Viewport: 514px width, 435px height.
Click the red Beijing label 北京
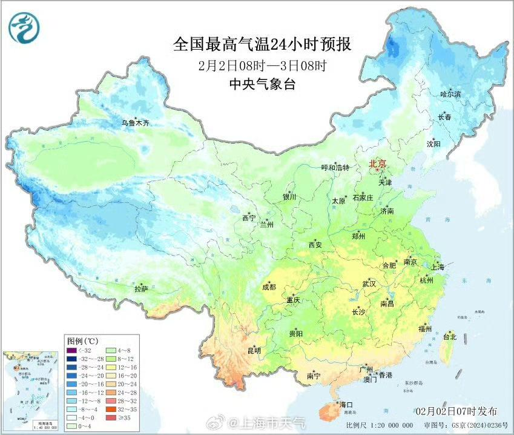pos(377,164)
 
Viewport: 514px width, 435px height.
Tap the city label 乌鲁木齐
pos(134,123)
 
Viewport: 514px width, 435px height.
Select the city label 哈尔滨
pos(450,94)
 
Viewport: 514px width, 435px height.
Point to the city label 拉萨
pos(140,289)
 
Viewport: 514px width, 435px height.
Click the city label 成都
pos(269,287)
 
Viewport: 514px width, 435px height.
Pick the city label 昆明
pos(254,350)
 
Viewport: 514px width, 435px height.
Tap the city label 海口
pos(346,404)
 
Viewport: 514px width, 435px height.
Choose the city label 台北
pos(450,336)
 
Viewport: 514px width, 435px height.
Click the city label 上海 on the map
pos(438,267)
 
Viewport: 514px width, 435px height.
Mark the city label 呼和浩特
pos(335,168)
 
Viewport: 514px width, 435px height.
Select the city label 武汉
pos(369,284)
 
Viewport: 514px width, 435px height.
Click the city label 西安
pos(315,245)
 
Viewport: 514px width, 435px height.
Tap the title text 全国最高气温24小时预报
pos(262,44)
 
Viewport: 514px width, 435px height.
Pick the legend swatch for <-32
pos(71,350)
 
